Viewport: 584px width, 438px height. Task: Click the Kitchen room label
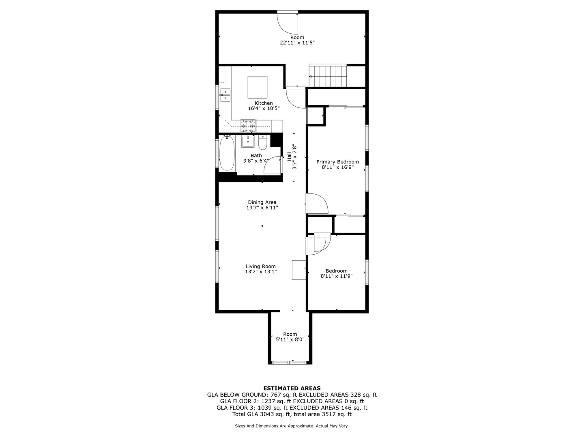264,103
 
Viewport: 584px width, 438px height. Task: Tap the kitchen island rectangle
257,87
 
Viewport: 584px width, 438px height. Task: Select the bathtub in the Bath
227,153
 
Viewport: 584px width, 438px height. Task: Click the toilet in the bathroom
263,142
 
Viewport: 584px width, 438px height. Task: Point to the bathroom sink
248,141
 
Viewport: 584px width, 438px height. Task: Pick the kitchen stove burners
248,126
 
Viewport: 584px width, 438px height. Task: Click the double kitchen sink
225,95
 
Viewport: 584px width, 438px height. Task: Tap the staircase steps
328,76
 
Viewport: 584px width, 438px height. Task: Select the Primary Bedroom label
337,162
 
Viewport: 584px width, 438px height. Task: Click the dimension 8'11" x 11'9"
337,276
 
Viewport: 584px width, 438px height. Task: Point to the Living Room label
260,266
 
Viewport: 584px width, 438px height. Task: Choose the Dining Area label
262,202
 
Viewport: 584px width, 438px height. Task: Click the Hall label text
289,157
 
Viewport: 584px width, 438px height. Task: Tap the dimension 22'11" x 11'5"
297,43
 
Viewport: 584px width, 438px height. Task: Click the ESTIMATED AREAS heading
292,388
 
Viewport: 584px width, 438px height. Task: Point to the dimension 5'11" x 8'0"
290,339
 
